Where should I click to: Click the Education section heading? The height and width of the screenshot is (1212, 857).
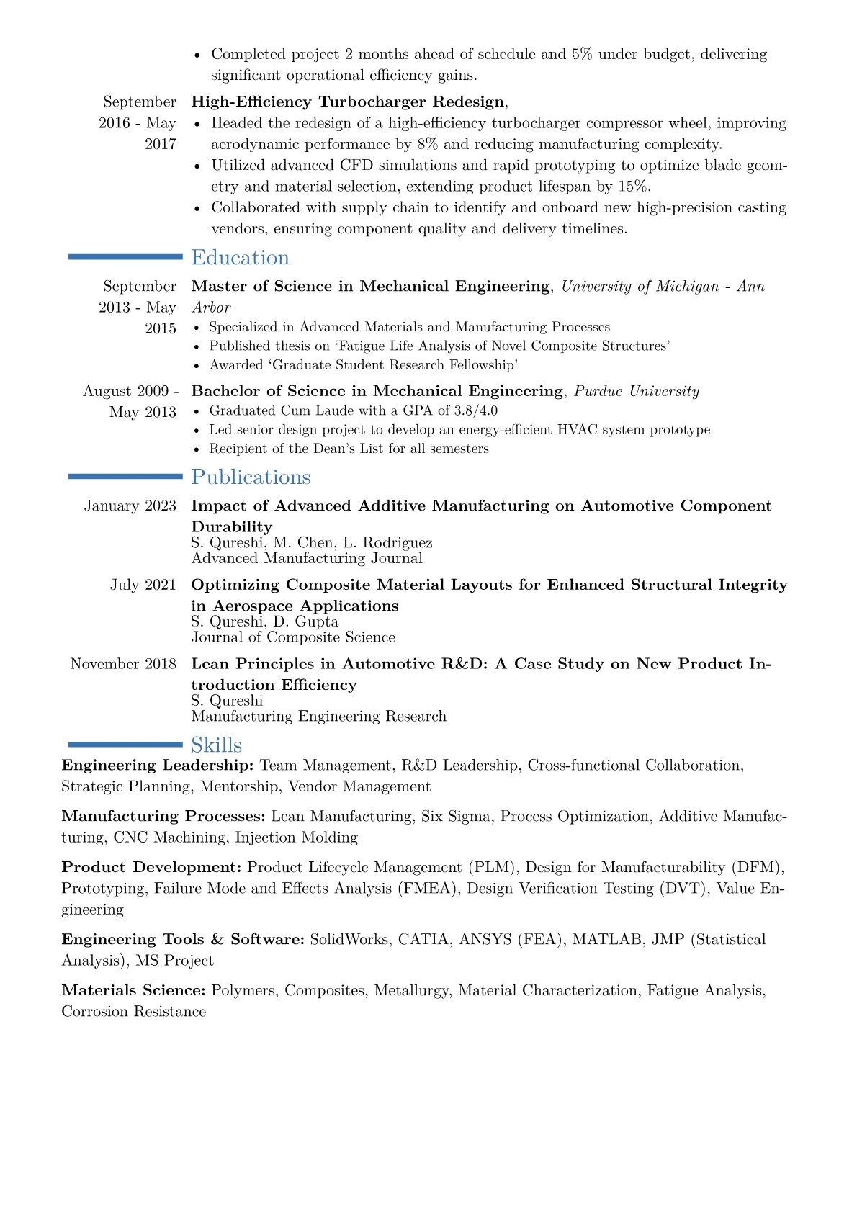(x=240, y=258)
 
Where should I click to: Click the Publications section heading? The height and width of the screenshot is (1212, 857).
(x=251, y=477)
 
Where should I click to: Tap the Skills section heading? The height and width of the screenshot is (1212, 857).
(x=216, y=745)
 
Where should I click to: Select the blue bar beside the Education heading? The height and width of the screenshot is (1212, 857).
(x=125, y=256)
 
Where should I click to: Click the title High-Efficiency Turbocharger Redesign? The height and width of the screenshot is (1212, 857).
(x=348, y=102)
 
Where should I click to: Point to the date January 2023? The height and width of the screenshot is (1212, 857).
(x=130, y=506)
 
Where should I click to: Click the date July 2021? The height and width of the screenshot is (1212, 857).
(x=143, y=585)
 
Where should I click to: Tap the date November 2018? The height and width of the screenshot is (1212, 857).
(x=123, y=664)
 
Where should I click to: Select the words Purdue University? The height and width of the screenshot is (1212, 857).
(x=637, y=391)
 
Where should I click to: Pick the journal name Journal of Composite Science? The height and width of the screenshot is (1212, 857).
(x=293, y=637)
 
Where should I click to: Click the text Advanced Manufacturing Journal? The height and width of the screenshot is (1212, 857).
(x=307, y=558)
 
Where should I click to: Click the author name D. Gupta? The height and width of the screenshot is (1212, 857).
(x=310, y=621)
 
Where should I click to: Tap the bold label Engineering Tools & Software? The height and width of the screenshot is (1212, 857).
(x=183, y=940)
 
